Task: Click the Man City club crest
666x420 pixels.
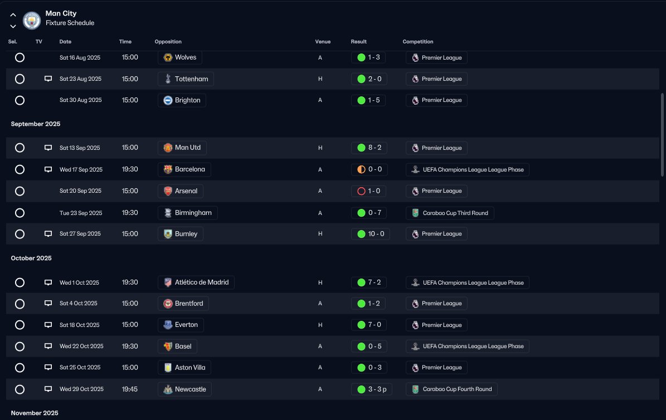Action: (31, 20)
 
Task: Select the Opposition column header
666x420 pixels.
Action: (168, 42)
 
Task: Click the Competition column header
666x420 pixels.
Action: (418, 42)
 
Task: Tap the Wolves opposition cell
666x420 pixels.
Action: (179, 57)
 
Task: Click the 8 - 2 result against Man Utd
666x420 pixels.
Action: (369, 148)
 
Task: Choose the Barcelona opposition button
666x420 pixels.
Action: (184, 169)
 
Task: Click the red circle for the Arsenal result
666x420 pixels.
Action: (362, 191)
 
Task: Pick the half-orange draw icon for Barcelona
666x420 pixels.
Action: (362, 169)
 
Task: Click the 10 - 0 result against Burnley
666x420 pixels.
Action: (371, 234)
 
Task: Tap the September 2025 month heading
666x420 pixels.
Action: (36, 124)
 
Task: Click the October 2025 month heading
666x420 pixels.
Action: (31, 258)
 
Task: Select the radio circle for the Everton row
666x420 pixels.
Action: (20, 325)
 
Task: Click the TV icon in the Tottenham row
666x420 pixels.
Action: (48, 79)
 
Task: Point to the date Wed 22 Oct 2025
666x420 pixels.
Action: (81, 346)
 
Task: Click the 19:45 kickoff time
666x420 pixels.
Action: (129, 389)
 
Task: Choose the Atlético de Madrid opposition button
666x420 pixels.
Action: (196, 282)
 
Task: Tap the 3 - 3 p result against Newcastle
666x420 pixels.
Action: (372, 389)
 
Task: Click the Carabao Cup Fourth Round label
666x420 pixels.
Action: (451, 389)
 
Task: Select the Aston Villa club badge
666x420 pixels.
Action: (168, 368)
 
